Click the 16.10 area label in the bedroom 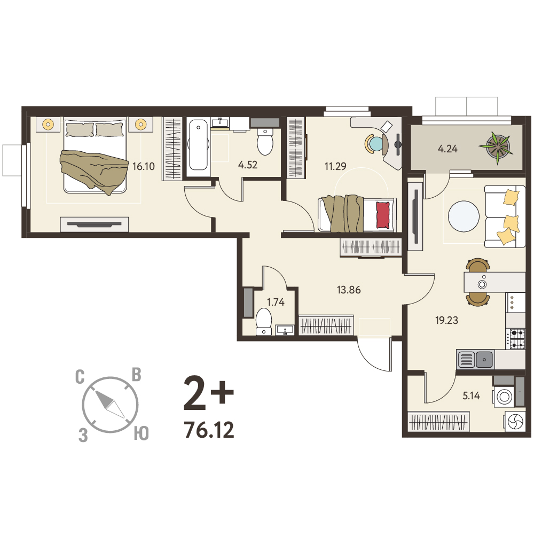[143, 167]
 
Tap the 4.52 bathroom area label [248, 165]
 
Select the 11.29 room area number [335, 166]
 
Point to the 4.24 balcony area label [447, 149]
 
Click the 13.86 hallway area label [349, 290]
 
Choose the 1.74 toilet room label [276, 302]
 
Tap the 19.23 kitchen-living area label [446, 320]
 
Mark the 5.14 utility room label [471, 396]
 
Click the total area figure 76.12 [209, 430]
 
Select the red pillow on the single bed [383, 215]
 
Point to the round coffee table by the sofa [464, 216]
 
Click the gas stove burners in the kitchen [515, 338]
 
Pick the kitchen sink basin [484, 359]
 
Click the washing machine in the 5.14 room [504, 397]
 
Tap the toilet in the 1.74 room [264, 321]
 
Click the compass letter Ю [141, 433]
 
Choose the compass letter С [80, 377]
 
